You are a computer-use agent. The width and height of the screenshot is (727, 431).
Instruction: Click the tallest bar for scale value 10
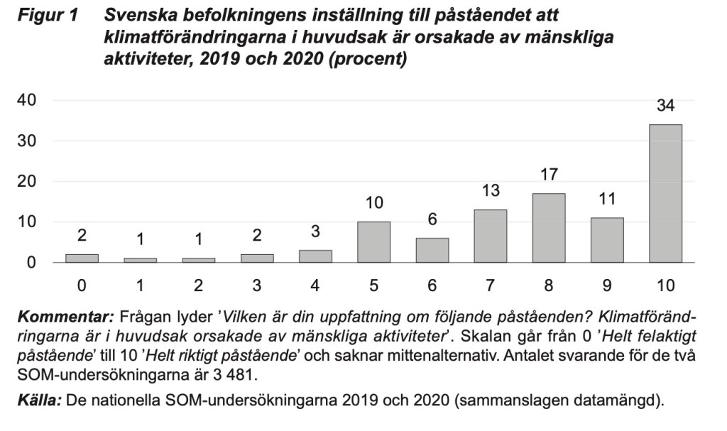click(x=665, y=193)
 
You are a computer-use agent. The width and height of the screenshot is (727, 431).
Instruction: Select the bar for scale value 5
click(x=373, y=242)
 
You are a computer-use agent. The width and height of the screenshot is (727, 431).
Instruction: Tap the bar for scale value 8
click(x=549, y=228)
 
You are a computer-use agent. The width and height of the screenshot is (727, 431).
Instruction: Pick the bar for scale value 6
click(x=432, y=250)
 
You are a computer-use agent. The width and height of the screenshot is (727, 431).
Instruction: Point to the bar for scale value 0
click(x=82, y=258)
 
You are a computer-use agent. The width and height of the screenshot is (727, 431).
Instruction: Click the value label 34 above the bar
click(x=665, y=107)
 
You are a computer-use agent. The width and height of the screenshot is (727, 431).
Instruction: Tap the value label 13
click(x=490, y=191)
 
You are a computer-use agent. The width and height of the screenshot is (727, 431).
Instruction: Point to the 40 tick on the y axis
click(x=26, y=100)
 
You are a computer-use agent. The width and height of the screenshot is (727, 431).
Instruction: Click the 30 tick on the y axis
click(x=26, y=141)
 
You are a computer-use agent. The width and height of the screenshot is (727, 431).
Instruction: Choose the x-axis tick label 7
click(x=490, y=286)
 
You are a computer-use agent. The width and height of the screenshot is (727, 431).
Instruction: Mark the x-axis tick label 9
click(x=607, y=286)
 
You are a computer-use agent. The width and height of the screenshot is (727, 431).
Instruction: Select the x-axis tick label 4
click(x=315, y=286)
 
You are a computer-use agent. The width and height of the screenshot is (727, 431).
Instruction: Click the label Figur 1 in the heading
click(x=47, y=16)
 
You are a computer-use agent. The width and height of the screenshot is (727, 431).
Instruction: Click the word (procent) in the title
click(x=368, y=60)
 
